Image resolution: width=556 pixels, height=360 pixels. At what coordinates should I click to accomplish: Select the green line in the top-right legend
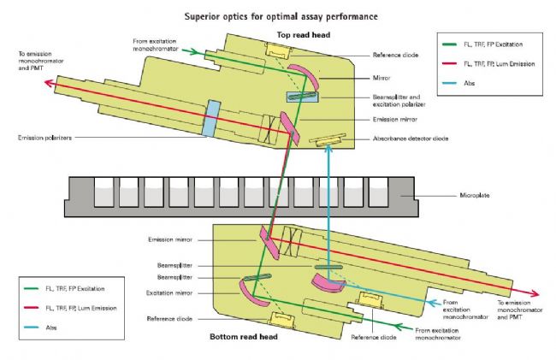pos(452,41)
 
